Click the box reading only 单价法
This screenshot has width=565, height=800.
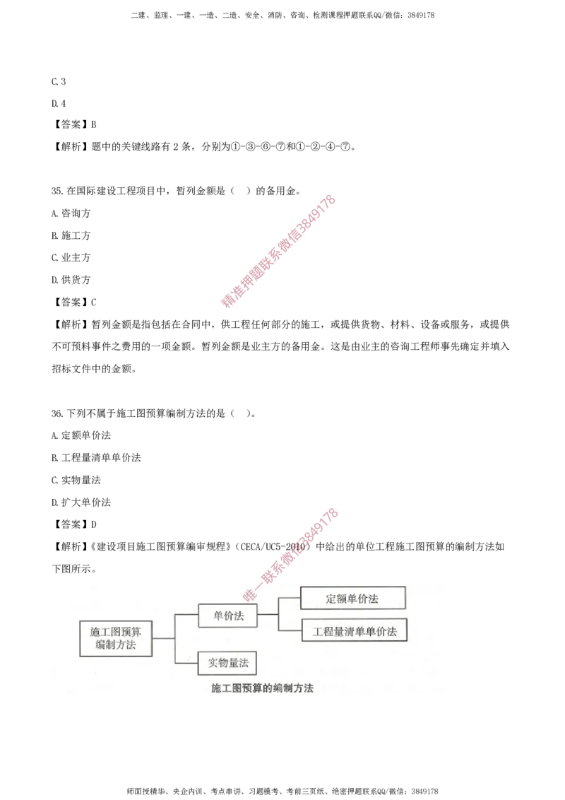point(227,616)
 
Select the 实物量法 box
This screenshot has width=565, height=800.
point(227,663)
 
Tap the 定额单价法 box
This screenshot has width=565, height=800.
point(353,599)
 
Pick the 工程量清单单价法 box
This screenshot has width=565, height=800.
point(355,631)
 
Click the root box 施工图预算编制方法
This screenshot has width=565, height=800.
point(115,638)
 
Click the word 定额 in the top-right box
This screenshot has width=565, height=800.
point(337,599)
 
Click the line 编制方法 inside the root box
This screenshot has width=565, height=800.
point(115,645)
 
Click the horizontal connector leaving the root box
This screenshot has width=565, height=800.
point(163,638)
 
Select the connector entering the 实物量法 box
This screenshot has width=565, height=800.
point(186,662)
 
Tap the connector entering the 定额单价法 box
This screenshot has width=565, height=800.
point(290,599)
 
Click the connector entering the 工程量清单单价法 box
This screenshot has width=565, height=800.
point(290,630)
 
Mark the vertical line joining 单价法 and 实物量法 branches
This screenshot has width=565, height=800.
point(174,638)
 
